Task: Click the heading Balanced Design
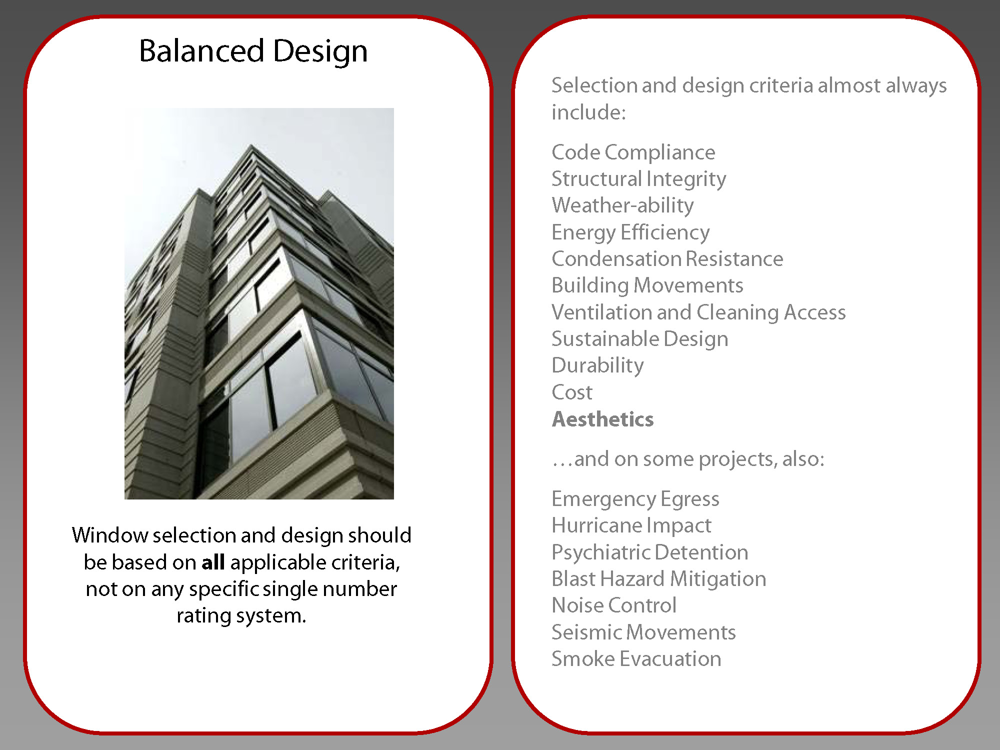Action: click(x=253, y=51)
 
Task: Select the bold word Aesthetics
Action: click(x=602, y=419)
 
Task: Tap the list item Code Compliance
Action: click(x=633, y=152)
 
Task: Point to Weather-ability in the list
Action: click(x=623, y=205)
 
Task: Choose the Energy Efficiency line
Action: click(x=630, y=232)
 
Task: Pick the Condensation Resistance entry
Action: click(x=667, y=259)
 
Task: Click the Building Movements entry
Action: click(x=647, y=285)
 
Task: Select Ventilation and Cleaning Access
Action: click(x=699, y=312)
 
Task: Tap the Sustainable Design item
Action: click(x=640, y=339)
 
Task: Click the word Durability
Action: click(x=598, y=366)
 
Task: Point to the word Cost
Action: click(x=572, y=392)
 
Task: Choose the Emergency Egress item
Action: click(x=635, y=499)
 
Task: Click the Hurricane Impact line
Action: click(x=631, y=526)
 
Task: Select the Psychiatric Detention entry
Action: click(x=650, y=552)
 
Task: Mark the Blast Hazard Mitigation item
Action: click(x=659, y=579)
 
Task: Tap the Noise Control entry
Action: click(x=614, y=605)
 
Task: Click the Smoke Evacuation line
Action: click(x=636, y=659)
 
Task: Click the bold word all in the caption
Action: click(x=213, y=562)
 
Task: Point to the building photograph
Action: click(x=259, y=303)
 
